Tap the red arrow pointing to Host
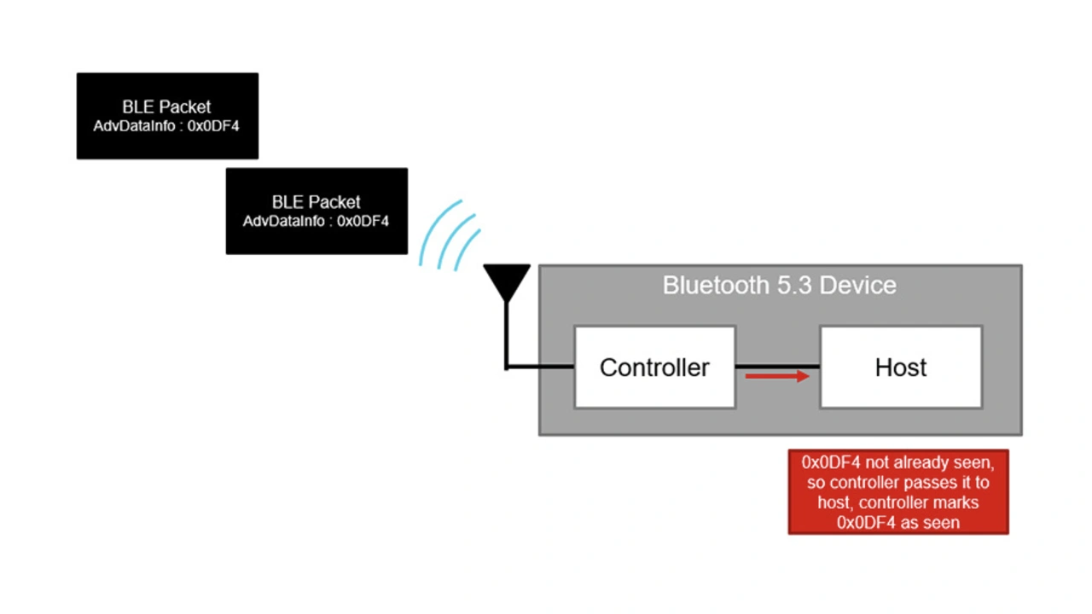777,376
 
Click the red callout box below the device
898,492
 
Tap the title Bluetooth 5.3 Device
780,285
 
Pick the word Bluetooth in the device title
716,285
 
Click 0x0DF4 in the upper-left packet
213,126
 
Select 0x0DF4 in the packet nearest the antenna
363,222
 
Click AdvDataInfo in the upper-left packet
136,126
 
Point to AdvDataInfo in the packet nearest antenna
286,222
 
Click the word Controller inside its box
654,368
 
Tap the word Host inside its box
901,368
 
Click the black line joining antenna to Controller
539,367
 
